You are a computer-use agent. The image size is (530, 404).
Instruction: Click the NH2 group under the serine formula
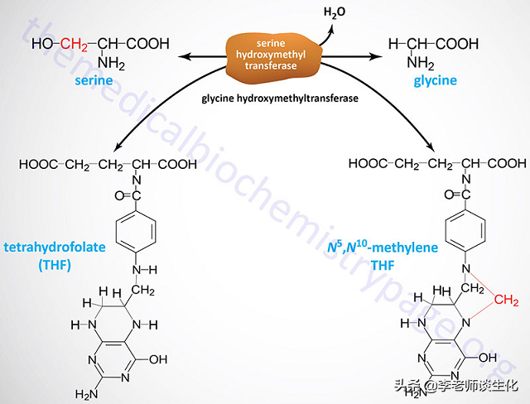click(x=109, y=64)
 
